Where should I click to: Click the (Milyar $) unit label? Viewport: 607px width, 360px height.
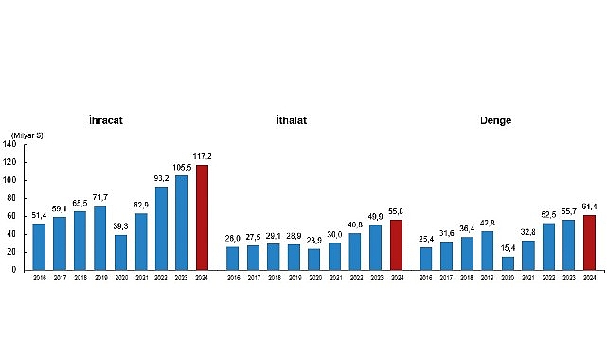coord(27,136)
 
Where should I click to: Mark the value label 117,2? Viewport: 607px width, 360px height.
coord(201,156)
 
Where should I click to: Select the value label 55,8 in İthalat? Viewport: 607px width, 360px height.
coord(396,211)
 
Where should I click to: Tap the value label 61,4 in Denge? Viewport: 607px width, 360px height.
coord(589,207)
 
